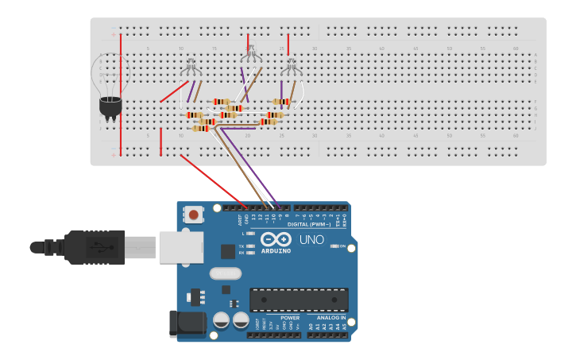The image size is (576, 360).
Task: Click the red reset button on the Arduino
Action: point(193,214)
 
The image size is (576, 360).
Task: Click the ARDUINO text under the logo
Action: point(276,250)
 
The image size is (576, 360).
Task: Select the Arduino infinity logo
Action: point(276,238)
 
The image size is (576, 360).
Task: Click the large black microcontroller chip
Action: point(299,300)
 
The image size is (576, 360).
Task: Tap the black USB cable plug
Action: point(95,246)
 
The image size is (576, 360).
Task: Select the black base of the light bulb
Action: point(110,107)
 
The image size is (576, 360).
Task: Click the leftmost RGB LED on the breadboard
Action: point(191,68)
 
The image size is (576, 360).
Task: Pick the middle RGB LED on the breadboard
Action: point(250,56)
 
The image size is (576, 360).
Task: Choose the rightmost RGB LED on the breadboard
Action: point(292,68)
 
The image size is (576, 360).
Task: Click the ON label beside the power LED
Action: point(342,246)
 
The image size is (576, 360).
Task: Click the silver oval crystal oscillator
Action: point(226,274)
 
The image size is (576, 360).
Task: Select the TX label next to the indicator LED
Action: point(242,246)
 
